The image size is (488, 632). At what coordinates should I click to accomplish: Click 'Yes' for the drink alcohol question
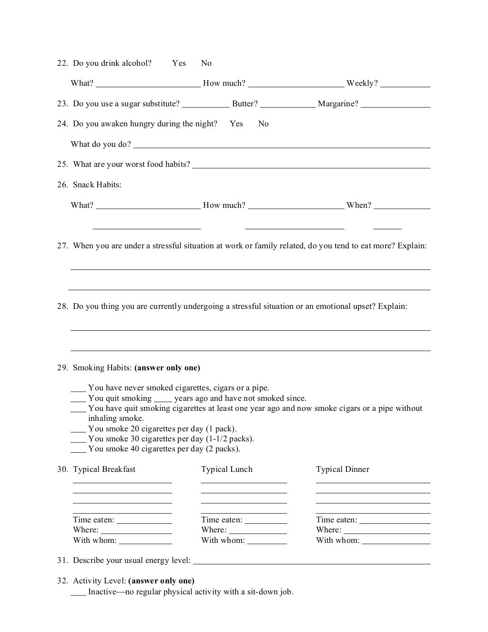click(179, 63)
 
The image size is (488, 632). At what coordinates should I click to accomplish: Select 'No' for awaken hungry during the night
click(264, 124)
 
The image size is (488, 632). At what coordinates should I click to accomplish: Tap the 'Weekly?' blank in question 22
click(405, 84)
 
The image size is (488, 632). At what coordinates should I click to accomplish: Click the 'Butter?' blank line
click(288, 105)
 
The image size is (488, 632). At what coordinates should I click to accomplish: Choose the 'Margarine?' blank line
click(396, 105)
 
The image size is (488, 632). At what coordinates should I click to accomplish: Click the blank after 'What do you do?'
click(282, 145)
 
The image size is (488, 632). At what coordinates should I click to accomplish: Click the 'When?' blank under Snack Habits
click(402, 206)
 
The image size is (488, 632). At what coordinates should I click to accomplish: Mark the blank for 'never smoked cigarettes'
click(78, 389)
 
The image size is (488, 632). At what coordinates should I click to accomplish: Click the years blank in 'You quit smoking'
click(163, 399)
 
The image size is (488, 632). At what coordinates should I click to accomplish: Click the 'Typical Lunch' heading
click(227, 469)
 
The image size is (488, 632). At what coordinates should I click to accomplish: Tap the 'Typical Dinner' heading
click(343, 469)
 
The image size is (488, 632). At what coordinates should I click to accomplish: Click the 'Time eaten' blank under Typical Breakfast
click(144, 521)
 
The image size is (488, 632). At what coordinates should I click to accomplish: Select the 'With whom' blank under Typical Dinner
click(396, 541)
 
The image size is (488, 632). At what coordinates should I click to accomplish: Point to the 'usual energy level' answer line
click(312, 561)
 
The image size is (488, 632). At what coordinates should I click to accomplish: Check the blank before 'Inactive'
click(78, 593)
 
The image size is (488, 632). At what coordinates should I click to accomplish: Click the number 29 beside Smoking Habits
click(62, 368)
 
